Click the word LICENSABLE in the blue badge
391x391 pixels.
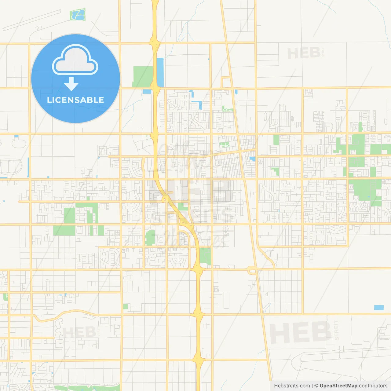pyautogui.click(x=75, y=100)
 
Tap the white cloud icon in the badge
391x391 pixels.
pyautogui.click(x=75, y=60)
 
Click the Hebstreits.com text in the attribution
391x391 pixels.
pyautogui.click(x=292, y=386)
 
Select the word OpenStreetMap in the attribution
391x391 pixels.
pyautogui.click(x=338, y=386)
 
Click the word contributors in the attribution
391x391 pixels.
pyautogui.click(x=373, y=386)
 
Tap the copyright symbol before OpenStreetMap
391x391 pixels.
pyautogui.click(x=316, y=386)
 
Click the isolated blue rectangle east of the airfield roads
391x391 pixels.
pyautogui.click(x=379, y=308)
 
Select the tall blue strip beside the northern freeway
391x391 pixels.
pyautogui.click(x=160, y=72)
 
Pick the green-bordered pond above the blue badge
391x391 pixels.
pyautogui.click(x=78, y=15)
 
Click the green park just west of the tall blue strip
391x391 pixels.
pyautogui.click(x=143, y=76)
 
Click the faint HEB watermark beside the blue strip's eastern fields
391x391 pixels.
pyautogui.click(x=304, y=53)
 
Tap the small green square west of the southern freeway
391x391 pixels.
pyautogui.click(x=125, y=306)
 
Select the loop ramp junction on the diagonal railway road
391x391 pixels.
pyautogui.click(x=252, y=270)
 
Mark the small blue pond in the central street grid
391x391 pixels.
pyautogui.click(x=252, y=159)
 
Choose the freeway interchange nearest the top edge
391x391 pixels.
pyautogui.click(x=155, y=42)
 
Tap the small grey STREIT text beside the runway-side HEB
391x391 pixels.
pyautogui.click(x=337, y=330)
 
